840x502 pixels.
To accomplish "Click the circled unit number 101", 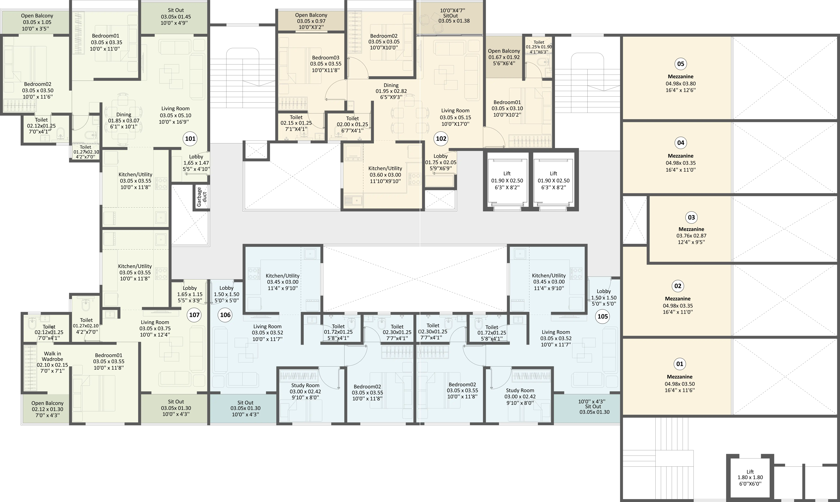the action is tap(190, 139).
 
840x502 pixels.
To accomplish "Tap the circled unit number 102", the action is tap(441, 139).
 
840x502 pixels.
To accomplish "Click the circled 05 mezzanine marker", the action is tap(680, 64).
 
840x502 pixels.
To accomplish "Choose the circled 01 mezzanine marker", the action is tap(679, 364).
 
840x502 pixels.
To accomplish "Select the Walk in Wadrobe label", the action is tap(52, 356).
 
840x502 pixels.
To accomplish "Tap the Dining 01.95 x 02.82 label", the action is tap(391, 91).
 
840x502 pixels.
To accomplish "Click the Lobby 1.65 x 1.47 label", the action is tap(196, 163).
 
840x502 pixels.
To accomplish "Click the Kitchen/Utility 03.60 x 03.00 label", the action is tap(385, 175).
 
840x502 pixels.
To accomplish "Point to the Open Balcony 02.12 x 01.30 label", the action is tap(47, 409).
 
